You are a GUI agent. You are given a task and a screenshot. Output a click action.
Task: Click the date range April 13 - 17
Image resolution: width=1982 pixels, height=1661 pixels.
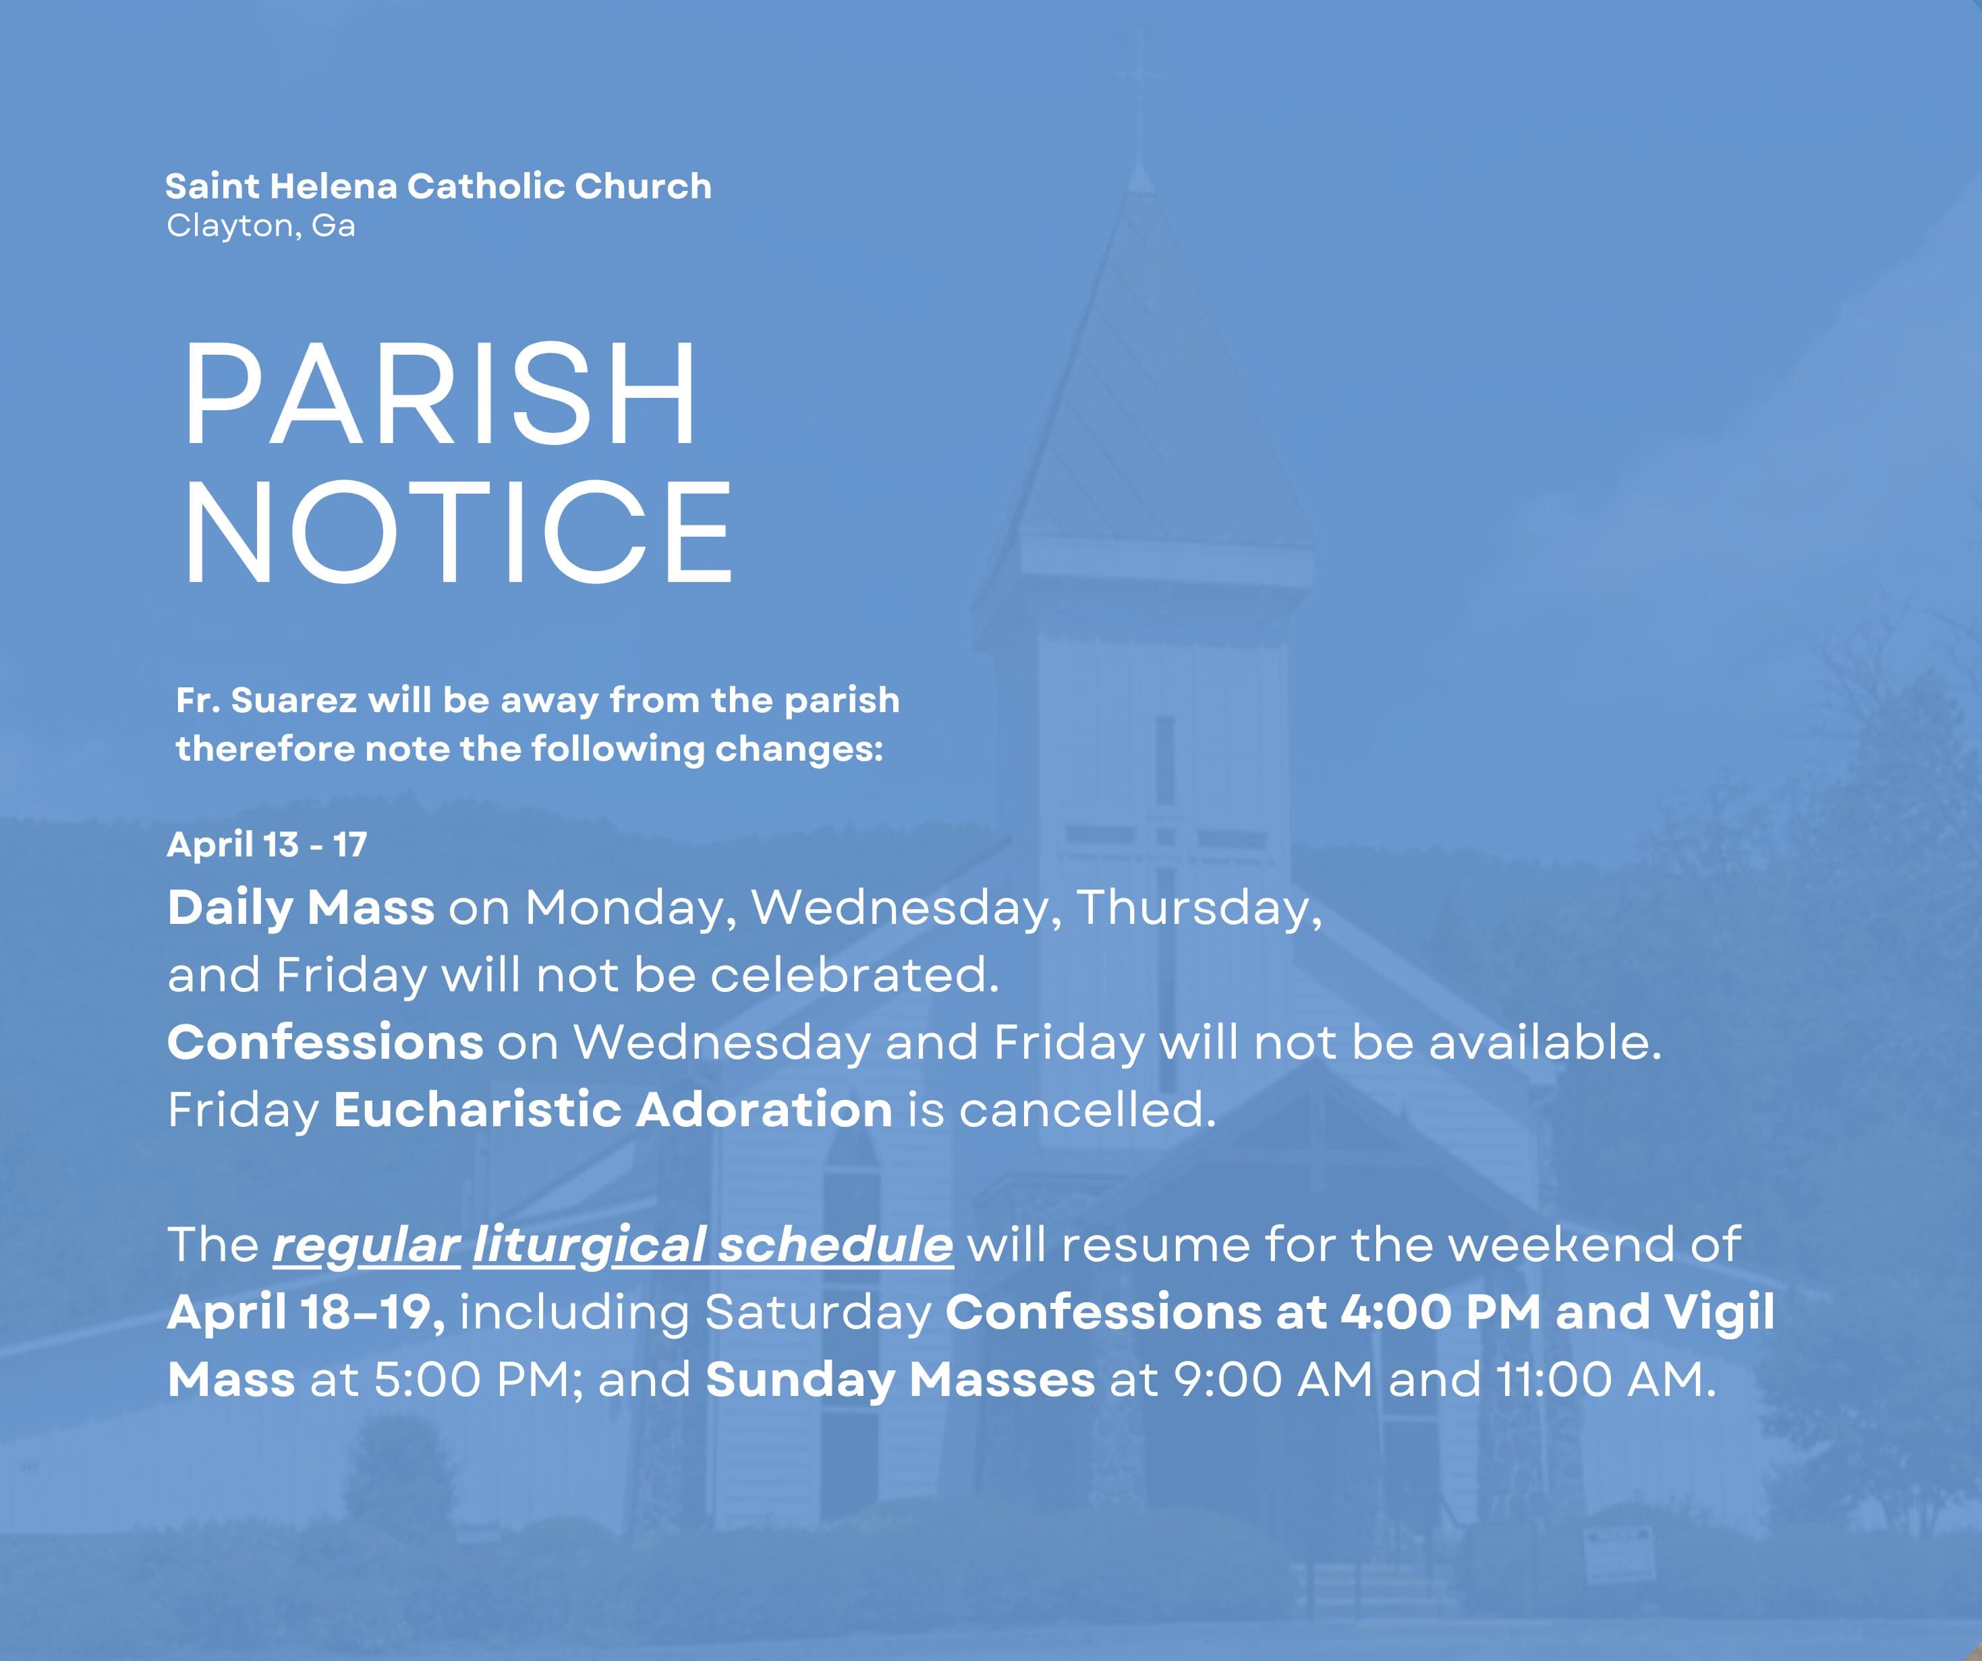point(266,844)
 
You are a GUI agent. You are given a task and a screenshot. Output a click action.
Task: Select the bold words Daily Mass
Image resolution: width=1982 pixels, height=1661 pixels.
point(300,908)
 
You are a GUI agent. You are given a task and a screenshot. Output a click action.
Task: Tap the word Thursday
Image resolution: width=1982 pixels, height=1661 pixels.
point(1197,908)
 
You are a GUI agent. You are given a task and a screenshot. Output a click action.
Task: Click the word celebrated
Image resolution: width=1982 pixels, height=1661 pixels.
point(853,975)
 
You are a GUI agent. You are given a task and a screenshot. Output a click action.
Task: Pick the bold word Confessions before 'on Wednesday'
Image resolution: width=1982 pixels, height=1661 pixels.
point(324,1043)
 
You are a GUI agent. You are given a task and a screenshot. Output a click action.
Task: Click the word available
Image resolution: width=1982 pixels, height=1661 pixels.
point(1544,1043)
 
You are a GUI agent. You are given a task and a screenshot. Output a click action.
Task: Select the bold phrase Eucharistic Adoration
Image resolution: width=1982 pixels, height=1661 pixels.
point(613,1110)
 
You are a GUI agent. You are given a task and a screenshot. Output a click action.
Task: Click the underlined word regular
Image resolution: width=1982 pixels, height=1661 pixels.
point(366,1246)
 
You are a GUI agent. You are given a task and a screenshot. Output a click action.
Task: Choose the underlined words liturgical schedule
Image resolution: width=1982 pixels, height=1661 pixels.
point(712,1246)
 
